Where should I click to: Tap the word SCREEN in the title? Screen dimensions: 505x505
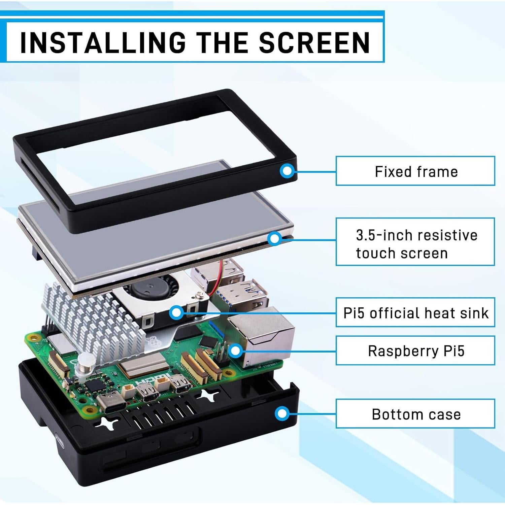click(314, 43)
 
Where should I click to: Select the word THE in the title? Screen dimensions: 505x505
click(223, 43)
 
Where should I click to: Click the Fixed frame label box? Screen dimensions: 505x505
click(415, 171)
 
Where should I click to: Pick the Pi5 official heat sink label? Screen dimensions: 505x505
click(415, 312)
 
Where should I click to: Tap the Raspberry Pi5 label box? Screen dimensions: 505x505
click(415, 350)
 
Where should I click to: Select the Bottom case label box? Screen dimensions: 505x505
click(415, 414)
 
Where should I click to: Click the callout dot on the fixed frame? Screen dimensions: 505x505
click(287, 171)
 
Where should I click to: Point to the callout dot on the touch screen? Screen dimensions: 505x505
click(275, 239)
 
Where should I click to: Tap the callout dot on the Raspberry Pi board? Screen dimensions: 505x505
click(236, 351)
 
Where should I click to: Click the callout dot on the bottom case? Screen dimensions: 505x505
click(282, 413)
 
